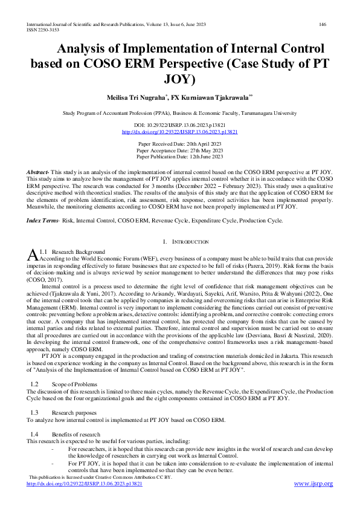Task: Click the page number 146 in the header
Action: (323, 24)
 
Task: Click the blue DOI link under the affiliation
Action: (179, 131)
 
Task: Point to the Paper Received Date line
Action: (179, 144)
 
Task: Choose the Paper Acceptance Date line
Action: (179, 150)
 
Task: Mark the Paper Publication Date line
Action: (179, 156)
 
